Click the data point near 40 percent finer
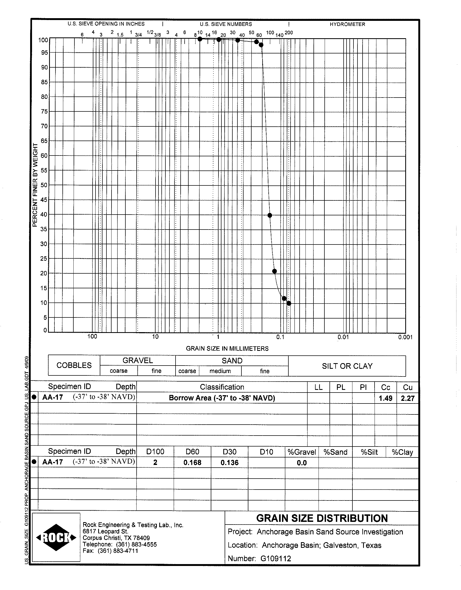pos(269,215)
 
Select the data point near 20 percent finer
pos(274,271)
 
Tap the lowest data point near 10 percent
pos(289,304)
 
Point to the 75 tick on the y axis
pos(44,111)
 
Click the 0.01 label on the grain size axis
pos(343,337)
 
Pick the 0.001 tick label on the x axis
pos(405,337)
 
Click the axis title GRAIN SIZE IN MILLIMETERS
pos(227,349)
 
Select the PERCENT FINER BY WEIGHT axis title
pos(35,185)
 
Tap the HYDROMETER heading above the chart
pos(347,24)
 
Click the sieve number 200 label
pos(289,33)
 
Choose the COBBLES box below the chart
pos(74,365)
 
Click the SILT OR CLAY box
pos(347,366)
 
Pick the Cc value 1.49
pos(386,398)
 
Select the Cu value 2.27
pos(408,398)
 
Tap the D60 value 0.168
pos(192,463)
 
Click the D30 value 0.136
pos(229,463)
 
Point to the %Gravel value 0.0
pos(301,463)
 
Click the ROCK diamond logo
pos(56,538)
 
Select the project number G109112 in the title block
pos(276,558)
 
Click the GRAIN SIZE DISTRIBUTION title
pos(322,518)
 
